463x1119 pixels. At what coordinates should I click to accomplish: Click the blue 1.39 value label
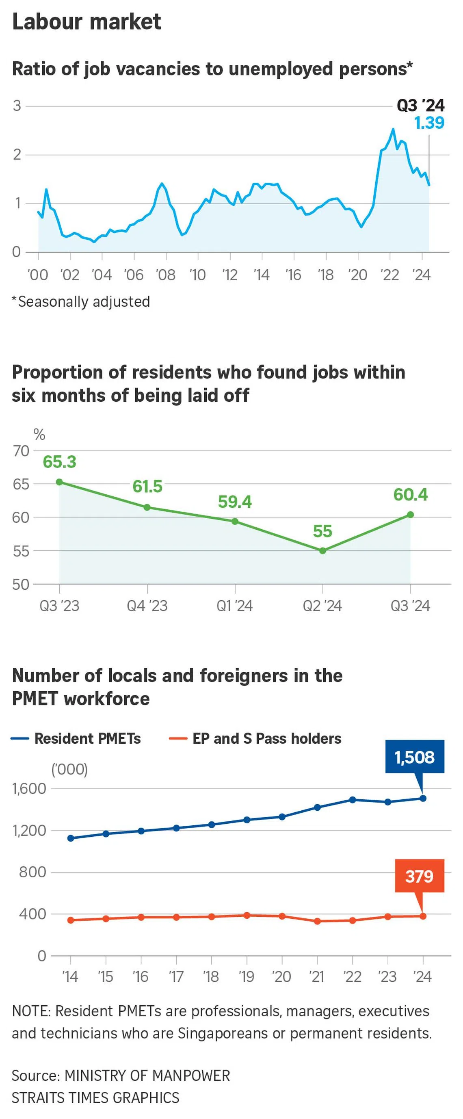(x=429, y=123)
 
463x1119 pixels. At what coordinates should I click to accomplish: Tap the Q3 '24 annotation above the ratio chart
(x=420, y=106)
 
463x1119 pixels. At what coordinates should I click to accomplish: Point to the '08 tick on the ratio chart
(x=165, y=275)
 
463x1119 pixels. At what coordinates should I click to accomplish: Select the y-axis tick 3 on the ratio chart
(x=17, y=106)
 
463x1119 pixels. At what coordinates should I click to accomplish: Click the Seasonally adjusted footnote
(x=81, y=301)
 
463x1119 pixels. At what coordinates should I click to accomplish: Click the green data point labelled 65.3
(x=60, y=482)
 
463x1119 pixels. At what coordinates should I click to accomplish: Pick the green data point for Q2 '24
(x=322, y=550)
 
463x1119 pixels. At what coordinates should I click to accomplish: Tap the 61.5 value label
(x=147, y=487)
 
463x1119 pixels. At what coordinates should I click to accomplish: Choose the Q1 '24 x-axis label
(x=234, y=606)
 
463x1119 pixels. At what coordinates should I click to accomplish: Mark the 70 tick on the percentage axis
(x=21, y=451)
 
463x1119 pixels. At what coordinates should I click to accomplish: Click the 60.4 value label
(x=411, y=495)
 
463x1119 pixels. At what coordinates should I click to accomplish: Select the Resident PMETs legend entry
(x=76, y=738)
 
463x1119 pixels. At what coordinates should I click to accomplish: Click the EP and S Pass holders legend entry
(x=255, y=738)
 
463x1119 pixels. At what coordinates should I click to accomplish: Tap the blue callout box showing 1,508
(x=414, y=757)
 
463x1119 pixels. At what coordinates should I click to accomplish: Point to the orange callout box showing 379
(x=419, y=876)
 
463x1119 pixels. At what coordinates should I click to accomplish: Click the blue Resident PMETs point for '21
(x=317, y=807)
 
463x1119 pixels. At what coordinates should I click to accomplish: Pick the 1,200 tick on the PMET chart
(x=29, y=830)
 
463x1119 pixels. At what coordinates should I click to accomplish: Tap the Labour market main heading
(x=87, y=22)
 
